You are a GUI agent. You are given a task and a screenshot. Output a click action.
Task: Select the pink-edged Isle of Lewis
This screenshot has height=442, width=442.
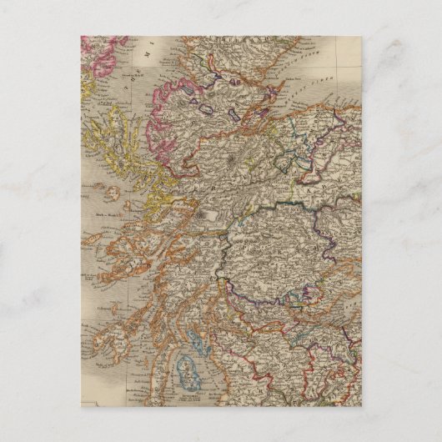tap(100, 50)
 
